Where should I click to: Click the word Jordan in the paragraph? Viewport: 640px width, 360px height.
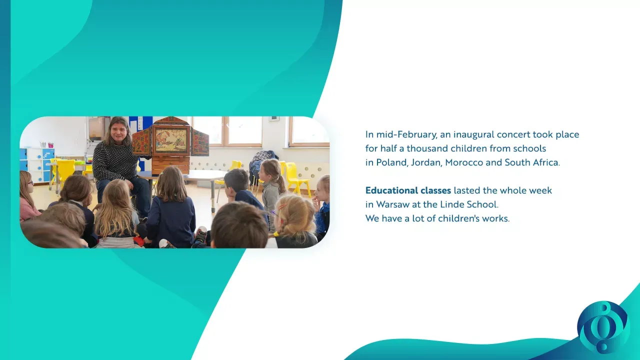tap(426, 162)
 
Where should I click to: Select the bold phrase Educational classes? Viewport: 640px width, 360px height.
tap(408, 190)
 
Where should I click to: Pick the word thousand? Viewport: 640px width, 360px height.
tap(423, 148)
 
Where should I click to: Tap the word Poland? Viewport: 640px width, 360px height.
tap(392, 162)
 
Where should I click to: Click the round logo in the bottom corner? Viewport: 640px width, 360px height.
tap(603, 327)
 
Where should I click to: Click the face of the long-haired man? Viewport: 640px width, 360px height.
tap(118, 133)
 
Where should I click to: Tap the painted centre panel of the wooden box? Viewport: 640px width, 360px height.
tap(171, 140)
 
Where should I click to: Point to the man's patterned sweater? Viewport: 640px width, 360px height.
tap(114, 161)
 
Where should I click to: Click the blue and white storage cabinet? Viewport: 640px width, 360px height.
tap(37, 165)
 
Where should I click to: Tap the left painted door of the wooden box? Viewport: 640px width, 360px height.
tap(141, 141)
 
